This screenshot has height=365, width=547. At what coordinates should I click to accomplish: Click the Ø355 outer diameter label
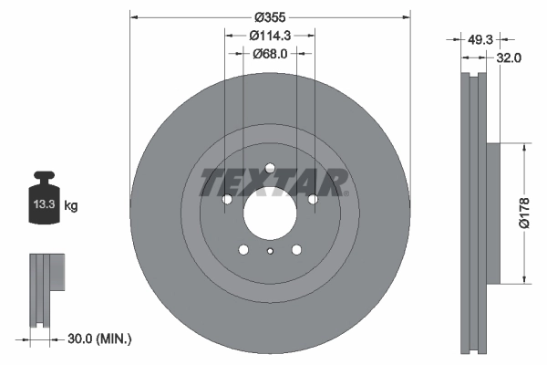coord(270,17)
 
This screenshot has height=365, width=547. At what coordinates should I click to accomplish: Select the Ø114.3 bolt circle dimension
coord(270,35)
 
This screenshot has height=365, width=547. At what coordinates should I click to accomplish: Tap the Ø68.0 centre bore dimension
coord(270,54)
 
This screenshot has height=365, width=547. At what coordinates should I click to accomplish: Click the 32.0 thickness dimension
coord(508,57)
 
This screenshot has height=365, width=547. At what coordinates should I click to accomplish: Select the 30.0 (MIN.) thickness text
coord(100,339)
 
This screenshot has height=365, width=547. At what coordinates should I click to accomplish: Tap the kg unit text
coord(71,206)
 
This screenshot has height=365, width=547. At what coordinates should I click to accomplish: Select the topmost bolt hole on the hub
coord(270,167)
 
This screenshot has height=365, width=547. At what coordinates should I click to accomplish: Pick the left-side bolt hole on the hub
coord(228,199)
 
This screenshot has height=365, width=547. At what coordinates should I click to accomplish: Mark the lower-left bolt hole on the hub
coord(243,248)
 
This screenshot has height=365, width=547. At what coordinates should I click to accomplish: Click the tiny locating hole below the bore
coord(270,253)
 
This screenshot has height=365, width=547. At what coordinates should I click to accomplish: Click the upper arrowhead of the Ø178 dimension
coord(523,146)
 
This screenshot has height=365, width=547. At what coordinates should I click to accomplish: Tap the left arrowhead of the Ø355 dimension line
coord(134,17)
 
